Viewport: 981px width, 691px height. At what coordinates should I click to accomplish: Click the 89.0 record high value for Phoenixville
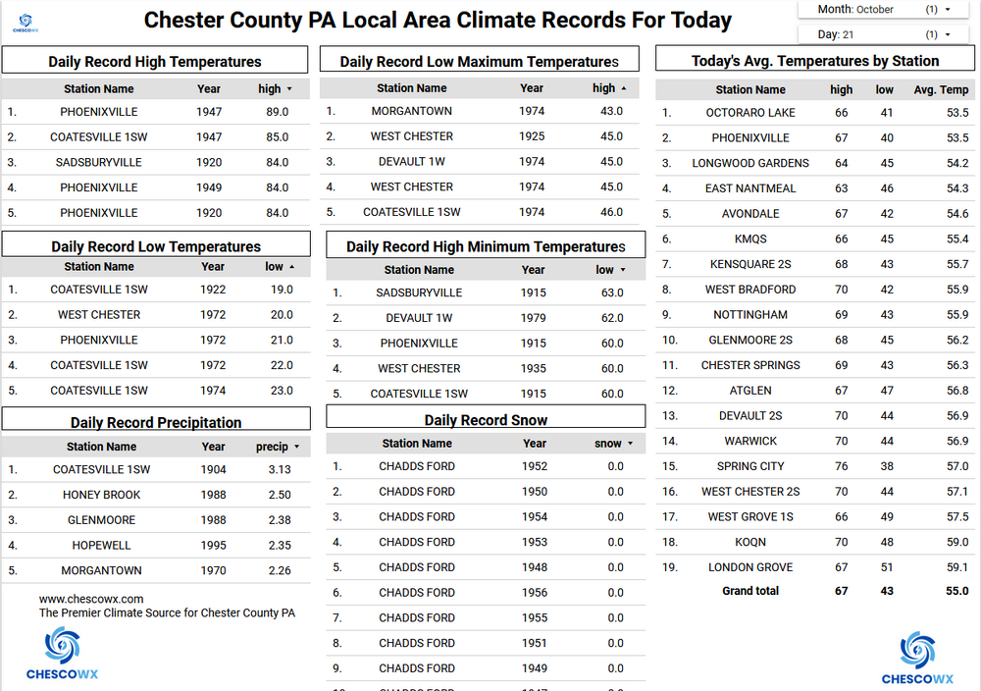278,112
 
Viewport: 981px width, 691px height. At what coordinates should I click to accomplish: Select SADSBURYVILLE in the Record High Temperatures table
99,162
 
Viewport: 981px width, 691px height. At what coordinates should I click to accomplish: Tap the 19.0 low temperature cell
282,290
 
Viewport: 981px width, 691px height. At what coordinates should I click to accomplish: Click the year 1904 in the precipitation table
213,469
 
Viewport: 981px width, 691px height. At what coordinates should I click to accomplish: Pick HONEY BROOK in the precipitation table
102,495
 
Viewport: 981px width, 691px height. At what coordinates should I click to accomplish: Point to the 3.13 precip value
280,469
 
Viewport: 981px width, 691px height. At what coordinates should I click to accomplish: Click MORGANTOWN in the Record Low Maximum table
412,111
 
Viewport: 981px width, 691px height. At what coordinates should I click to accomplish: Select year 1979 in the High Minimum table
533,318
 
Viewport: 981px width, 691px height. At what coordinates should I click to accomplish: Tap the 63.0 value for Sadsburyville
612,292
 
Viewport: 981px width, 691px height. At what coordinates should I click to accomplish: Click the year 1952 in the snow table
535,466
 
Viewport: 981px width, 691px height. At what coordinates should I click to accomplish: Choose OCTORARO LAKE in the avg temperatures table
750,113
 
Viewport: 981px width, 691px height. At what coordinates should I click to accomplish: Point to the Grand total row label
750,591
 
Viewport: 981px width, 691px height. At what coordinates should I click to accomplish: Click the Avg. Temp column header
941,89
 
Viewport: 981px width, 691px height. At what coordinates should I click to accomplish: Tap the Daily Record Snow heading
487,420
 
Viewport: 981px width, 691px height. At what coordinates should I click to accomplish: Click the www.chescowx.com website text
91,599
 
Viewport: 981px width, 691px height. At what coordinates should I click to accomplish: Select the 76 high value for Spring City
842,466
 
